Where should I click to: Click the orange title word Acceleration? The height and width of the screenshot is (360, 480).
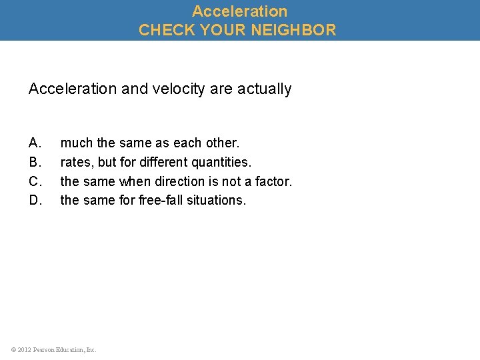(239, 11)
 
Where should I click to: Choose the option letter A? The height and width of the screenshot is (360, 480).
(35, 143)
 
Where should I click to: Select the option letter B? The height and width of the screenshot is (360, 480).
(35, 162)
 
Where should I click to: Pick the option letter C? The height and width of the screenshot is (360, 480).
(35, 181)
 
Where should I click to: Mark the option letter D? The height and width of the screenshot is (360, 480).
(35, 200)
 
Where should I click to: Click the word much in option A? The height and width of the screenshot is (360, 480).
(75, 143)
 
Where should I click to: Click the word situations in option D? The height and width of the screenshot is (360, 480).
(215, 200)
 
